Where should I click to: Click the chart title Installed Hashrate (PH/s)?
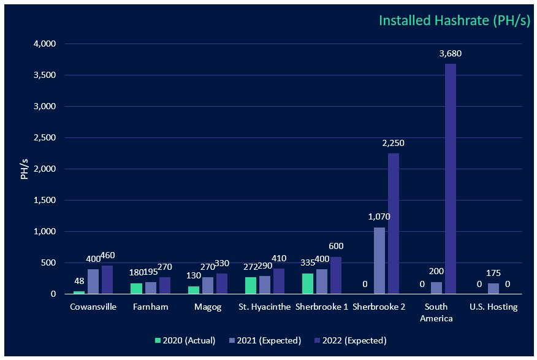tap(454, 20)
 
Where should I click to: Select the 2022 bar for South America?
tap(451, 178)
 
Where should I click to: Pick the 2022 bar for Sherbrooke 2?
tap(394, 223)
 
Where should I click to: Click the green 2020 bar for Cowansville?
tap(79, 293)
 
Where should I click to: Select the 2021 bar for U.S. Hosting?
tap(493, 288)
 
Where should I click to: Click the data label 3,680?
tap(451, 53)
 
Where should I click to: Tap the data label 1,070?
tap(379, 216)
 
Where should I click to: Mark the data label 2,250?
tap(394, 143)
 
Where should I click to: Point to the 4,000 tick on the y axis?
tap(45, 44)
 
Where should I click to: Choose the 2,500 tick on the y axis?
tap(45, 138)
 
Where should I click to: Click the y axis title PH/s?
tap(25, 169)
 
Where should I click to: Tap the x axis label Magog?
tap(202, 307)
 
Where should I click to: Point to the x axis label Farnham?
tap(150, 307)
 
